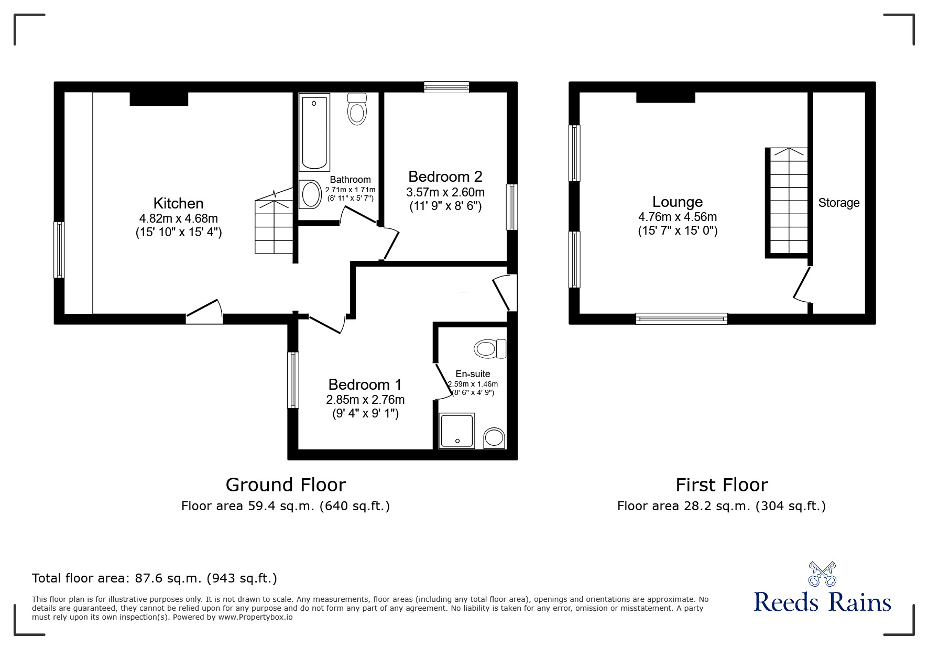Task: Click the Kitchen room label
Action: (x=178, y=203)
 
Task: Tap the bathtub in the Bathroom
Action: (x=314, y=132)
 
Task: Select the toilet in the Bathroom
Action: (x=357, y=109)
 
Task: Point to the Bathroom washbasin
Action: (x=311, y=194)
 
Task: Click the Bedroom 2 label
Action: (x=445, y=177)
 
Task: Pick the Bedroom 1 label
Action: (x=365, y=384)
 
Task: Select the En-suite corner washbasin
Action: (x=494, y=438)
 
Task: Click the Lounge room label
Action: (x=678, y=202)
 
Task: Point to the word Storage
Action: (x=839, y=203)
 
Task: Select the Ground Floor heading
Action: (x=286, y=485)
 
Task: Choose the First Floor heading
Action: (x=722, y=485)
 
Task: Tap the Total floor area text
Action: (x=155, y=578)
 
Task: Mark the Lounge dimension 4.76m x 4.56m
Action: (x=678, y=217)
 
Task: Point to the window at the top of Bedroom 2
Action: (x=446, y=87)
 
